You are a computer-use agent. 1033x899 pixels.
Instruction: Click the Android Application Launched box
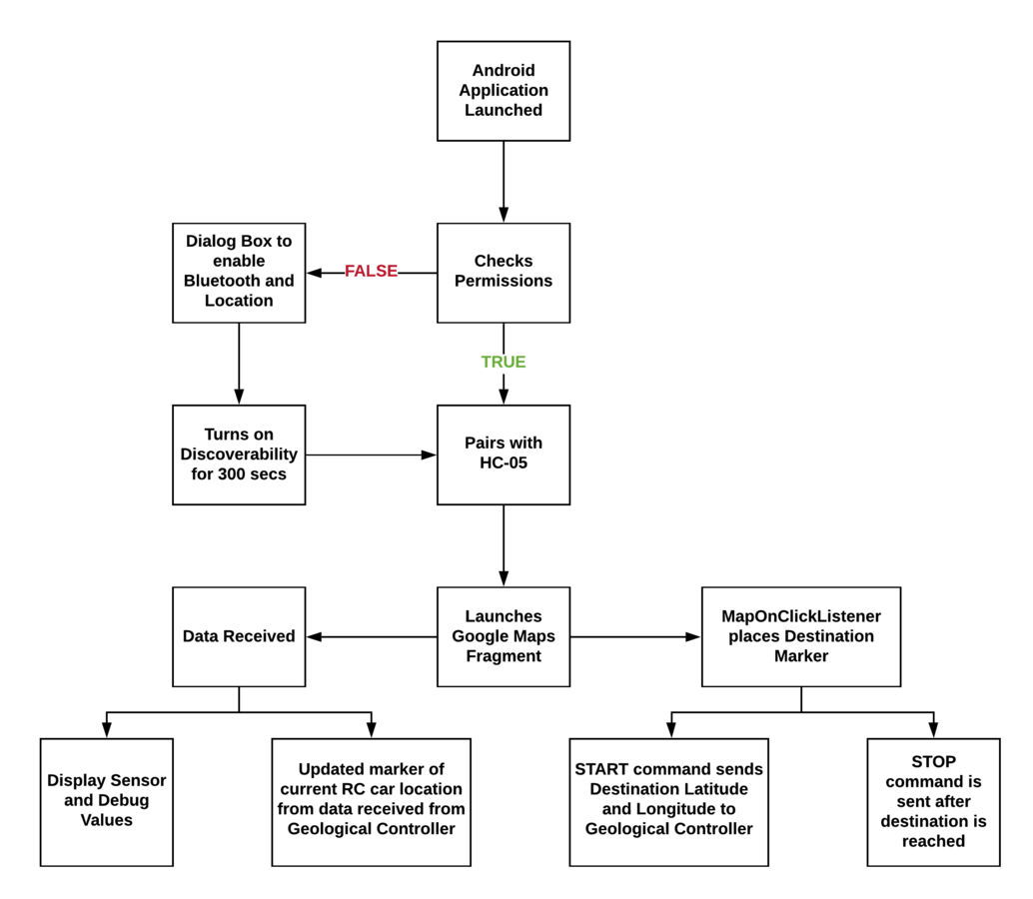(x=504, y=91)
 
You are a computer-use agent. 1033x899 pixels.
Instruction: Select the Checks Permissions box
(x=504, y=273)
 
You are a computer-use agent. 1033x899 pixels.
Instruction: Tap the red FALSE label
(x=371, y=271)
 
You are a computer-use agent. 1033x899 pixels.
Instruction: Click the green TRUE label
(x=504, y=362)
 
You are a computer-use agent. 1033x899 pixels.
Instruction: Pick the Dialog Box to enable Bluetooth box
(x=239, y=273)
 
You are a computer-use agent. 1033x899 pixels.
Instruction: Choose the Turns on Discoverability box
(x=239, y=454)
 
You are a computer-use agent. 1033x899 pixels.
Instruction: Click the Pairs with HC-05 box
(x=504, y=454)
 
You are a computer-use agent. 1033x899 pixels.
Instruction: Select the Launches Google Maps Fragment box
(x=504, y=637)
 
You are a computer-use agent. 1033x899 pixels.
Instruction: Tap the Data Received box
(x=239, y=637)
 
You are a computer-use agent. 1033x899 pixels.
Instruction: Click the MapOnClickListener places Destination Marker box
(x=801, y=637)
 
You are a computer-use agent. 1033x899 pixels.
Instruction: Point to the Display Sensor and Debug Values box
(x=107, y=802)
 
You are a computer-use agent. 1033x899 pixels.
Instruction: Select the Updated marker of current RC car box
(x=371, y=802)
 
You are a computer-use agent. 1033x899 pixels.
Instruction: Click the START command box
(x=668, y=802)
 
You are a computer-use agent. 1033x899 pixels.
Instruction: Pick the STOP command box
(x=933, y=802)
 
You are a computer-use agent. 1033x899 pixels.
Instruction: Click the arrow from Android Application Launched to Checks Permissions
(x=504, y=182)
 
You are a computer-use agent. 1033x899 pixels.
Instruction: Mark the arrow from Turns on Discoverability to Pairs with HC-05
(x=371, y=454)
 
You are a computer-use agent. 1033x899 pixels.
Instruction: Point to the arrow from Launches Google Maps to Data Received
(x=372, y=637)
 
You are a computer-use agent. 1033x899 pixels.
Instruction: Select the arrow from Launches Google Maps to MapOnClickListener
(x=635, y=637)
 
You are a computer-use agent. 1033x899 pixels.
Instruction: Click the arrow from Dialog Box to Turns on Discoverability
(x=239, y=364)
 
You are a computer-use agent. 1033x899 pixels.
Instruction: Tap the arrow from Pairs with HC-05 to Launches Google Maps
(x=504, y=546)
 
